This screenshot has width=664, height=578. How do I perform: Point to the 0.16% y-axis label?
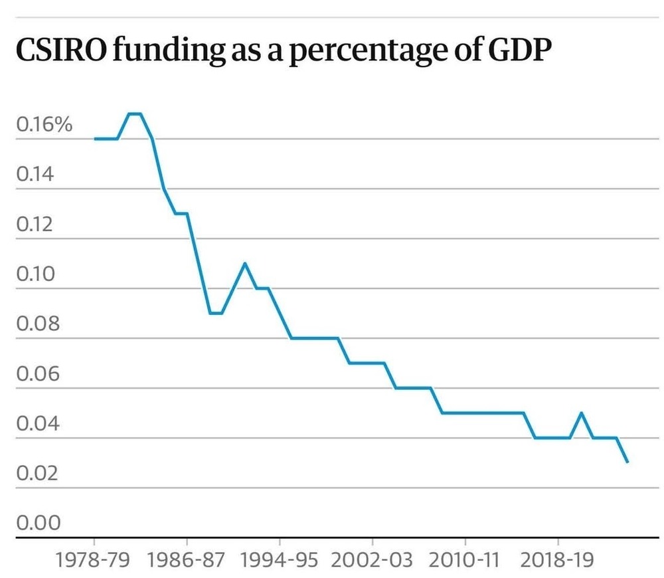pyautogui.click(x=44, y=125)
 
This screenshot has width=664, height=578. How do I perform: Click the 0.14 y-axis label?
pyautogui.click(x=38, y=175)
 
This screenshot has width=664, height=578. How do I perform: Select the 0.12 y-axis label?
pyautogui.click(x=38, y=225)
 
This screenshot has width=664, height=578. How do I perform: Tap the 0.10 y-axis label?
pyautogui.click(x=38, y=274)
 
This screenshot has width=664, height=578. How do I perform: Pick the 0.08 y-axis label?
pyautogui.click(x=38, y=324)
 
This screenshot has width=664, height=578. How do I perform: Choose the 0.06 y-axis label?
pyautogui.click(x=38, y=374)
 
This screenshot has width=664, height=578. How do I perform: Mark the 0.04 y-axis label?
pyautogui.click(x=38, y=424)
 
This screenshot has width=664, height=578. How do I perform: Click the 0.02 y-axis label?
pyautogui.click(x=38, y=474)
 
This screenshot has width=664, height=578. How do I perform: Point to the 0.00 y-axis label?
pyautogui.click(x=38, y=524)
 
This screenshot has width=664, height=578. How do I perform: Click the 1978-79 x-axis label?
pyautogui.click(x=94, y=559)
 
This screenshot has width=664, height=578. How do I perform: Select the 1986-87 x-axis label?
pyautogui.click(x=187, y=559)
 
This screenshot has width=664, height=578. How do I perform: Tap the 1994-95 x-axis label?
pyautogui.click(x=279, y=559)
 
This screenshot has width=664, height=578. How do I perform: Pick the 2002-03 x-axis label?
pyautogui.click(x=372, y=559)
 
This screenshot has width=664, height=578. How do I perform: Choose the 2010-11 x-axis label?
pyautogui.click(x=464, y=559)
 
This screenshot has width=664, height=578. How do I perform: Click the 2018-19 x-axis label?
pyautogui.click(x=556, y=559)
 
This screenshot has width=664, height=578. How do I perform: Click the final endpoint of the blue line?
pyautogui.click(x=627, y=462)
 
